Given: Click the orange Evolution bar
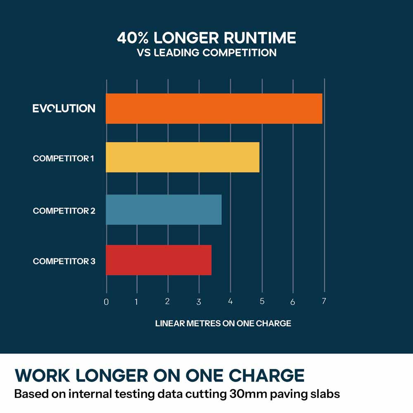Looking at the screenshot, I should [214, 109].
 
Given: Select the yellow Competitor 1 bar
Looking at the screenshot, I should [183, 157].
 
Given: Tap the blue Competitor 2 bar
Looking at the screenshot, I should [164, 210].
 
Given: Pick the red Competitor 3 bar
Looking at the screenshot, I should [159, 260].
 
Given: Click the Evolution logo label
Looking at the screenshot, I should [64, 109].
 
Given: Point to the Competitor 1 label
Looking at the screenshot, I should [64, 159].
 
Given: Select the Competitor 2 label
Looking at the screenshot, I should [64, 211].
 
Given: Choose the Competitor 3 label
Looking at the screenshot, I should [64, 261].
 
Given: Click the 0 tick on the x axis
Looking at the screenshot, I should [106, 302].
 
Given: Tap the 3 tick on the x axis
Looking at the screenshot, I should [199, 302].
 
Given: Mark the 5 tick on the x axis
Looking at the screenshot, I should [262, 301].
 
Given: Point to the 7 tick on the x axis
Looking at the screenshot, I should [324, 301].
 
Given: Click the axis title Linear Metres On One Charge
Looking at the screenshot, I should [223, 323].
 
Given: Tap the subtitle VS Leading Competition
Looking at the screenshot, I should [206, 52].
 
